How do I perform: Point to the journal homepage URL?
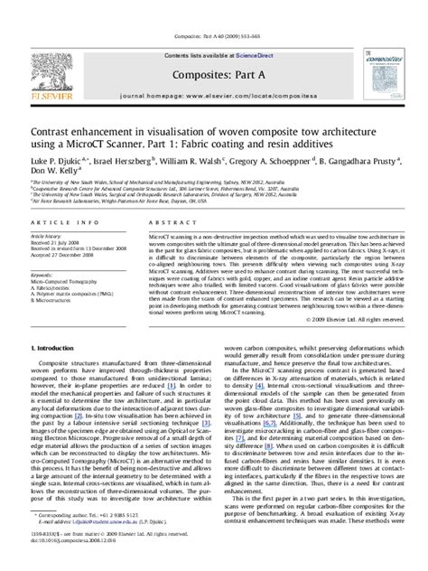[x=215, y=69]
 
